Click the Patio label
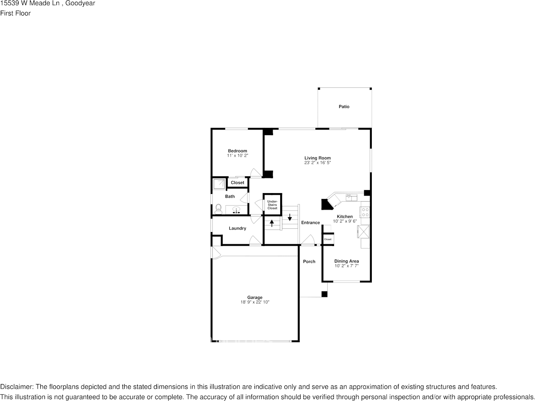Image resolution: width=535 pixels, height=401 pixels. tap(344, 107)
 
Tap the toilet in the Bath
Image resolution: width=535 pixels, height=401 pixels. tap(218, 209)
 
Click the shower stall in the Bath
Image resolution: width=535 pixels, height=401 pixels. tap(219, 184)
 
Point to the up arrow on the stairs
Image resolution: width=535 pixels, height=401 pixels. tap(272, 223)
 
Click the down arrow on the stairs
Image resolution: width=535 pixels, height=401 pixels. tap(290, 217)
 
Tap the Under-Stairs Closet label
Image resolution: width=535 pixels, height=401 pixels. tap(272, 205)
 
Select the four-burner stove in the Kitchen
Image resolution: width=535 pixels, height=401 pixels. tap(365, 212)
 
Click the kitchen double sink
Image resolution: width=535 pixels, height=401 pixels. tap(351, 197)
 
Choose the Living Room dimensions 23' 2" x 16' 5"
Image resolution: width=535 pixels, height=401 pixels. tap(318, 163)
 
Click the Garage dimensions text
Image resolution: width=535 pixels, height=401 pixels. tap(255, 302)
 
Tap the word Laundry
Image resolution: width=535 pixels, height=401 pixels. tap(237, 228)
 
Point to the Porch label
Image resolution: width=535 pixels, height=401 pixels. tap(309, 262)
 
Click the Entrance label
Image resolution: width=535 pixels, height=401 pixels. tap(310, 223)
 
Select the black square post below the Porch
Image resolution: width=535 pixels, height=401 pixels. tap(324, 294)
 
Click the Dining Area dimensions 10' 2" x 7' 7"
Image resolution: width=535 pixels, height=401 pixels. tap(346, 265)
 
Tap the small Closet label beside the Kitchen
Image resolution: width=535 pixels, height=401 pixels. tap(328, 239)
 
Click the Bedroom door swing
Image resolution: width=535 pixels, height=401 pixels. tap(256, 173)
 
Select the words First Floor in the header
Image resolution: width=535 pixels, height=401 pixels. tap(15, 14)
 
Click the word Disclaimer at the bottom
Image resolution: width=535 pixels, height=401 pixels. tap(17, 387)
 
